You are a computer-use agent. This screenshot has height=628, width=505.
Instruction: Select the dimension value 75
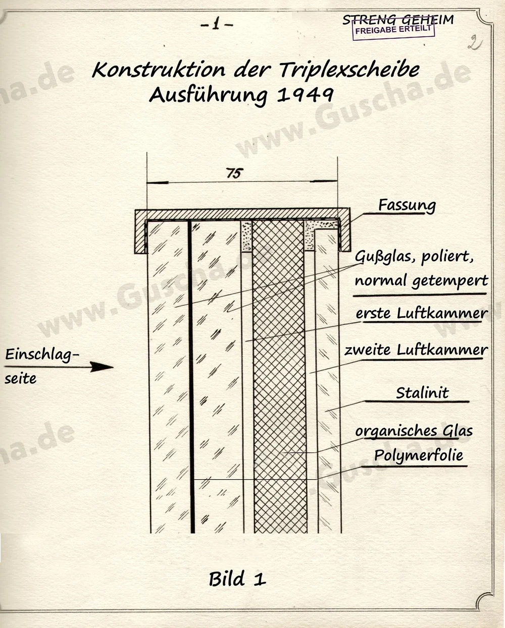point(233,174)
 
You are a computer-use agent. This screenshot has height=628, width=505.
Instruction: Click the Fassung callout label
point(407,205)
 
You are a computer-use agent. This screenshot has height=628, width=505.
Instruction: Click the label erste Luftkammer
point(422,313)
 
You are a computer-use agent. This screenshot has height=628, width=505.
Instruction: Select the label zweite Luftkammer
point(416,350)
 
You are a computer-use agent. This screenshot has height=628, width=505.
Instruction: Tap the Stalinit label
point(422,392)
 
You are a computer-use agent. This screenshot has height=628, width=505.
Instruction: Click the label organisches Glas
point(414,431)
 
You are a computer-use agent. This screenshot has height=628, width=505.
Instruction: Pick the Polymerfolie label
point(419,455)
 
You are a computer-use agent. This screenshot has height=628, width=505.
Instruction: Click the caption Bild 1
point(237,579)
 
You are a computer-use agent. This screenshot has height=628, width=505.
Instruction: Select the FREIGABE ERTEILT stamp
point(393,30)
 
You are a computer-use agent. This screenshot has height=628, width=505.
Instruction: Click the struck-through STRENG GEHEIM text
point(398,20)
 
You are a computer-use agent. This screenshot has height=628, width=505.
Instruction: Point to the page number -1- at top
point(217,25)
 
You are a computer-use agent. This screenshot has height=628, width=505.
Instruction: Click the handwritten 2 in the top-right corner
point(473,42)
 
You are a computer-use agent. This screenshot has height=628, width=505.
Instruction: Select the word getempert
point(450,280)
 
